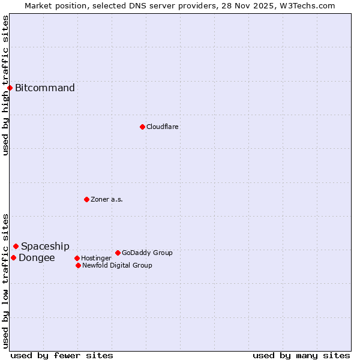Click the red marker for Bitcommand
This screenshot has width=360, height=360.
coord(10,88)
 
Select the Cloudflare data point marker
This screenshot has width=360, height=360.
coord(142,127)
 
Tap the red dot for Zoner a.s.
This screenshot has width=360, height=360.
coord(86,199)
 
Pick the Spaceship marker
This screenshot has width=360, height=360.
coord(16,246)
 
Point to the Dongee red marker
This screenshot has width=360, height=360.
coord(13,257)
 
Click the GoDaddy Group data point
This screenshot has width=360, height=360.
coord(118,253)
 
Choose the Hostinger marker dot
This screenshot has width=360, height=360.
coord(77,258)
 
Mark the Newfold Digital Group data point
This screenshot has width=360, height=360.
coord(78,265)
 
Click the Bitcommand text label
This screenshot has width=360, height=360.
coord(45,88)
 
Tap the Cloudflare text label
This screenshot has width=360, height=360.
coord(163,127)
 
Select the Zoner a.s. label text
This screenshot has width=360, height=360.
coord(107,199)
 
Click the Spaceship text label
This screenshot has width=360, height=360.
coord(45,246)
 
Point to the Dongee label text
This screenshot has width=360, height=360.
coord(37,258)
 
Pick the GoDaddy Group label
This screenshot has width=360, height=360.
coord(147,253)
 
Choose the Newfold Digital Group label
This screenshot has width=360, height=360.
coord(117,265)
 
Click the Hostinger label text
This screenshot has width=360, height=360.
coord(96,258)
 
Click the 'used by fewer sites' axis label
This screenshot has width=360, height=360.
coord(62,355)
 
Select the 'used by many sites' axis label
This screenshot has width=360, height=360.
coord(301,355)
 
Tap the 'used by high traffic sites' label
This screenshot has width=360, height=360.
coord(5,85)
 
